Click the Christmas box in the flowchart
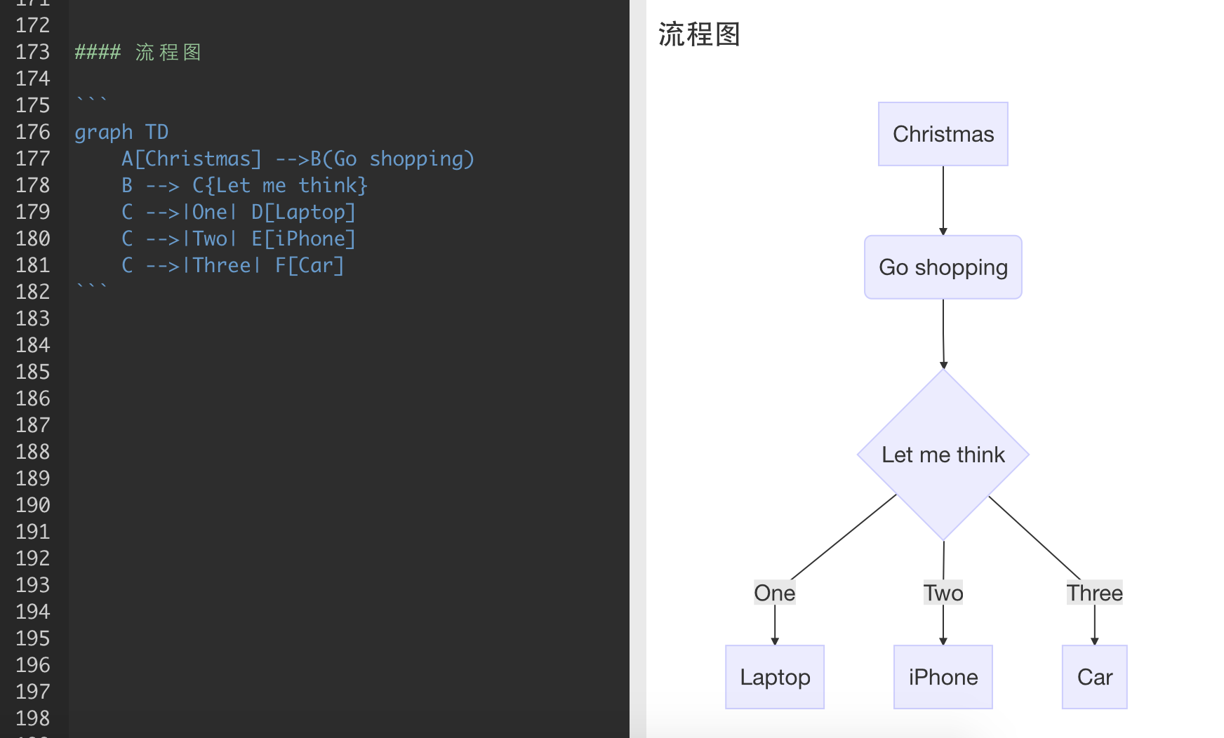coord(943,134)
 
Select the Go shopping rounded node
coord(943,267)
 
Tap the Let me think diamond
coord(943,455)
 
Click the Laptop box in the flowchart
coord(774,677)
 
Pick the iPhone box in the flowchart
coord(943,677)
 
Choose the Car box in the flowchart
coord(1094,677)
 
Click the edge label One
coord(774,593)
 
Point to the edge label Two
coord(943,593)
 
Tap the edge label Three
coord(1094,593)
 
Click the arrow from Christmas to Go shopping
coord(943,200)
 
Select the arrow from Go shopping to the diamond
coord(943,333)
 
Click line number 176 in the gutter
coord(33,132)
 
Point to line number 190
coord(33,505)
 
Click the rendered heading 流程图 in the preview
coord(699,34)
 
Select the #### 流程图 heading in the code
coord(138,52)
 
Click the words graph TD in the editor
coord(121,132)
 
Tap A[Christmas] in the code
coord(192,159)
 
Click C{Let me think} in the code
coord(280,185)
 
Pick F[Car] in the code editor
coord(310,265)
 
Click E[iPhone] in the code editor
coord(304,239)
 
